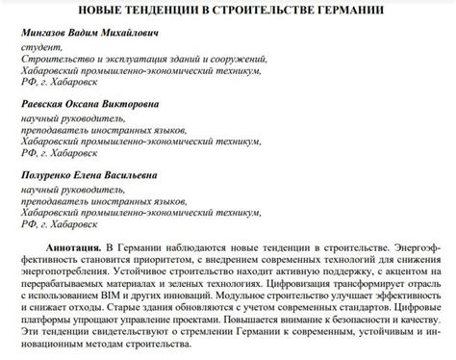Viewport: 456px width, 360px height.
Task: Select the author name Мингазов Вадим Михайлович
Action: (87, 34)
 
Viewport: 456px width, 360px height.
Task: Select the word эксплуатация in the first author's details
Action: (120, 58)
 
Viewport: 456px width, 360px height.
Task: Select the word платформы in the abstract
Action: (46, 322)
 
